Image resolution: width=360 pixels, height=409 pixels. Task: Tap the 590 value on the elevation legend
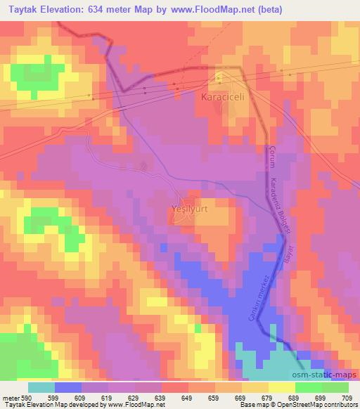[x=25, y=398]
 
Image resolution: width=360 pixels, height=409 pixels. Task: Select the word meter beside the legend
[x=9, y=398]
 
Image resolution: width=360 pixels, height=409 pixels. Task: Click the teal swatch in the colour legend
[x=41, y=387]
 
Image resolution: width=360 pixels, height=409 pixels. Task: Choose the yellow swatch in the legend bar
[x=281, y=387]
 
